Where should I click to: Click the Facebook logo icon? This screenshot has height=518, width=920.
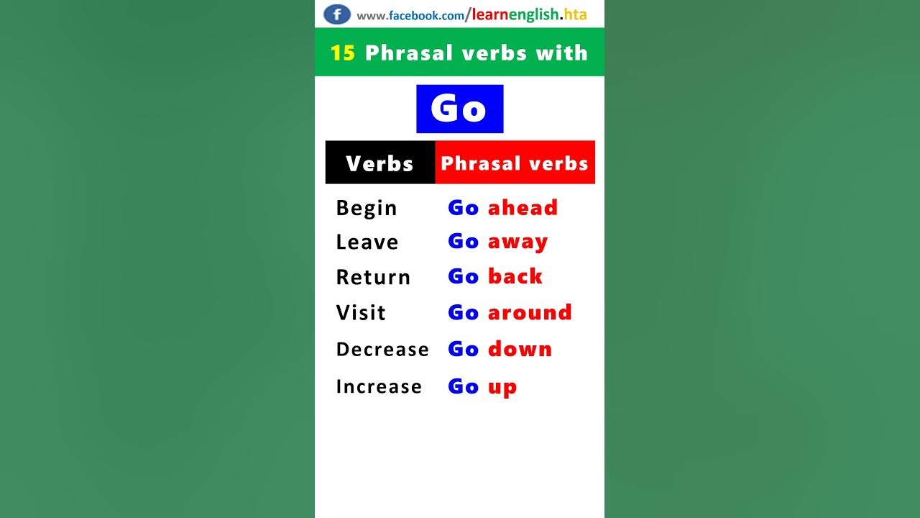(337, 14)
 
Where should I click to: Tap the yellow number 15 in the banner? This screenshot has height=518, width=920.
(343, 53)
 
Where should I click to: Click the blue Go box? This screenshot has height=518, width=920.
(459, 109)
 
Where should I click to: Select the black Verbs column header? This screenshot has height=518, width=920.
(379, 163)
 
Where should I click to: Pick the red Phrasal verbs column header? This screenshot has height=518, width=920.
(515, 163)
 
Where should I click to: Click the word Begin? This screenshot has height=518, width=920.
(367, 208)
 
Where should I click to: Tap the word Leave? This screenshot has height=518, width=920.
(367, 242)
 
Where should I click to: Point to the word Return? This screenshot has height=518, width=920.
(373, 277)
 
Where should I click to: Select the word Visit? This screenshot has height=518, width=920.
(361, 312)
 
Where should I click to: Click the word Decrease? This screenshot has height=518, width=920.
(382, 349)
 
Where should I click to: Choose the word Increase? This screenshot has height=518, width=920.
(379, 386)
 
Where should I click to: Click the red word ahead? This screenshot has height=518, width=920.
(523, 207)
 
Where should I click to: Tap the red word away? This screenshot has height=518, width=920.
(517, 242)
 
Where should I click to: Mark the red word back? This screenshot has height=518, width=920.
(515, 276)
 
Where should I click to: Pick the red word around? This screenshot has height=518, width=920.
(530, 312)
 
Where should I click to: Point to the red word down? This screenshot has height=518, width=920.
(520, 349)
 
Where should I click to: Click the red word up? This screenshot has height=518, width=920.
(502, 387)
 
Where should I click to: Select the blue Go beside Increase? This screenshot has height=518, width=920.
(463, 386)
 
